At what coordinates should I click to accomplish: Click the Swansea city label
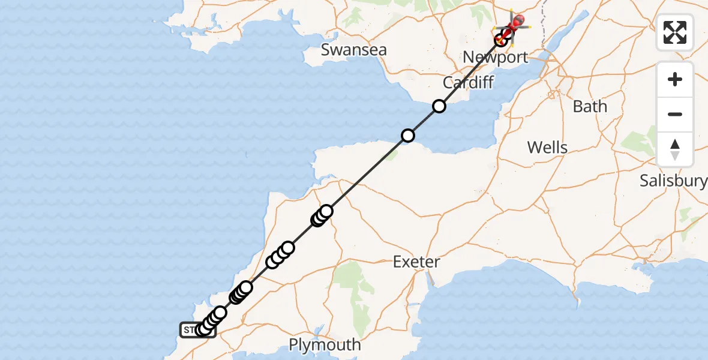pyautogui.click(x=353, y=49)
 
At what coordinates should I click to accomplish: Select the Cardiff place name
pyautogui.click(x=468, y=82)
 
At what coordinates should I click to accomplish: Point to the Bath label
pyautogui.click(x=590, y=107)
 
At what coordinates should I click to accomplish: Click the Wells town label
pyautogui.click(x=547, y=147)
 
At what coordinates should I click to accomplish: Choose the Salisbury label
pyautogui.click(x=673, y=180)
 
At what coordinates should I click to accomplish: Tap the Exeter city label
pyautogui.click(x=416, y=262)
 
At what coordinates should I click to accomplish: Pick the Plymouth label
pyautogui.click(x=325, y=345)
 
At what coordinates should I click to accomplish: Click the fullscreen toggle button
pyautogui.click(x=675, y=32)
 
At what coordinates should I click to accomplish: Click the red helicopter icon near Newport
pyautogui.click(x=515, y=23)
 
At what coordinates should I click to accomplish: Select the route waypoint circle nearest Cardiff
pyautogui.click(x=439, y=106)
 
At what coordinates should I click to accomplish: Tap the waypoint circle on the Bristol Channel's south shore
pyautogui.click(x=408, y=136)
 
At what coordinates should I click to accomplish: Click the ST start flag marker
pyautogui.click(x=188, y=330)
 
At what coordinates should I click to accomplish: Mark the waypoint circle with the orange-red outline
pyautogui.click(x=500, y=40)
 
